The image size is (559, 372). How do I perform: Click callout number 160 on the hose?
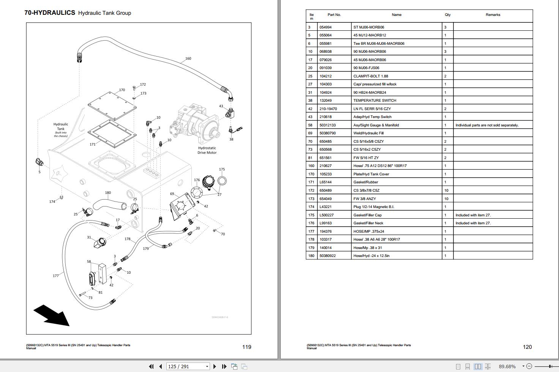click(x=188, y=58)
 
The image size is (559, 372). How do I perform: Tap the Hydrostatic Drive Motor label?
click(x=207, y=150)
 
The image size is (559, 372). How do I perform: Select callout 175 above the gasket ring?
click(x=222, y=169)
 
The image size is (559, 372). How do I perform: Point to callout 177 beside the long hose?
click(x=56, y=276)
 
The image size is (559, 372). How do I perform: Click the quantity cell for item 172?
click(x=446, y=191)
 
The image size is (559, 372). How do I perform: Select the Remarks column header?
click(x=493, y=15)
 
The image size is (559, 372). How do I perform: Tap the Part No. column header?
click(x=334, y=15)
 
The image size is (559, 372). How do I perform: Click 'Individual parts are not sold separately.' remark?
click(x=487, y=125)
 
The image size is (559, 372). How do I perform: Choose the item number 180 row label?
click(x=311, y=256)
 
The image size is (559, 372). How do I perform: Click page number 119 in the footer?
click(x=246, y=347)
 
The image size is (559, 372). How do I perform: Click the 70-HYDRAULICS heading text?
click(x=50, y=13)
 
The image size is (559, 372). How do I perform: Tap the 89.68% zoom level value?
click(x=507, y=366)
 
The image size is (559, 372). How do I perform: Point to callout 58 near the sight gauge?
click(x=89, y=262)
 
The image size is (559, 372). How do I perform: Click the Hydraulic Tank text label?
click(x=61, y=126)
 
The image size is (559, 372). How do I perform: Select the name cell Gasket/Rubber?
click(x=367, y=182)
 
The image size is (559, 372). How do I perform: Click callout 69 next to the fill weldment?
click(x=172, y=194)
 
